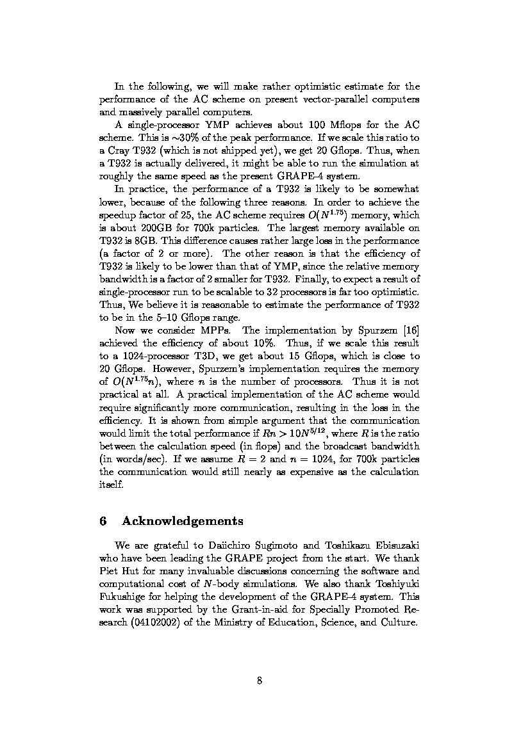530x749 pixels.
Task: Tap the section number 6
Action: tap(103, 521)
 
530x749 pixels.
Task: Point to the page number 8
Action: tap(260, 681)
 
